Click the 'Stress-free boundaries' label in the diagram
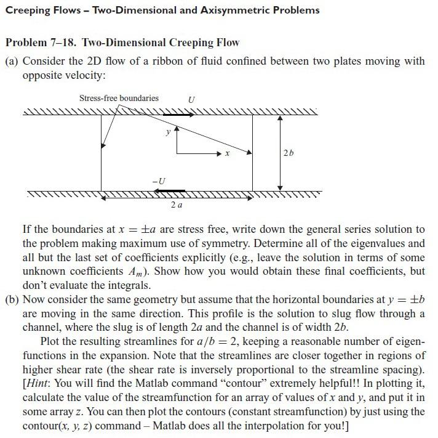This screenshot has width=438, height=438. click(x=119, y=98)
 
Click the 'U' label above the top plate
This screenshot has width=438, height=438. click(x=192, y=99)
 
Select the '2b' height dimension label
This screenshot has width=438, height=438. click(x=289, y=152)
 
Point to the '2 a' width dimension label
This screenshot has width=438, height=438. click(x=176, y=204)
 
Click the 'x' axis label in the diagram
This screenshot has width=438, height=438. click(x=227, y=154)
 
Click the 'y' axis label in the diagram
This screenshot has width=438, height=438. click(x=167, y=132)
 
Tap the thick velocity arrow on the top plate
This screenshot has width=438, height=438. click(x=178, y=114)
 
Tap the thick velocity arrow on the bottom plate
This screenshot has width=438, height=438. click(x=172, y=190)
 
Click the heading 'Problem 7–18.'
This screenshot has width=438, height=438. click(x=41, y=43)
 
